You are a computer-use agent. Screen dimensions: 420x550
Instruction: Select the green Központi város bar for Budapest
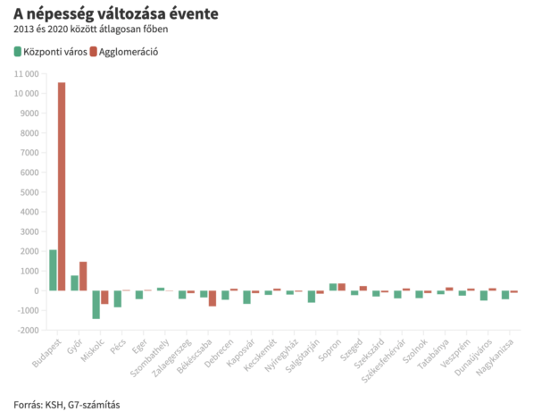[53, 270]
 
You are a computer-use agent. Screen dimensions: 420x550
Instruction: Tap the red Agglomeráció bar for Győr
[83, 276]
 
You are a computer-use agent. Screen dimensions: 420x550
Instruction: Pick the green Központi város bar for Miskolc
[96, 305]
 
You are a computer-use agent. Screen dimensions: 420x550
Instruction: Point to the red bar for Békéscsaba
[212, 298]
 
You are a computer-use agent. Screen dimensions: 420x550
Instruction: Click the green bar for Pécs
[118, 298]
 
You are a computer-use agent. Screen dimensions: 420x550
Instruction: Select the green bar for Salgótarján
[312, 297]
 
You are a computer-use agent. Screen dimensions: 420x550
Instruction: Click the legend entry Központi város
[50, 52]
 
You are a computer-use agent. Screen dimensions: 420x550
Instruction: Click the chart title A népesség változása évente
[115, 14]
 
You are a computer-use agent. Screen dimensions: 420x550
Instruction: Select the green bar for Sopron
[333, 287]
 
